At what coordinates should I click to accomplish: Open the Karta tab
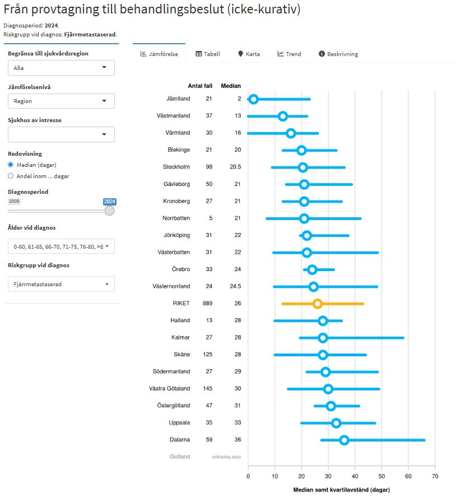(x=249, y=54)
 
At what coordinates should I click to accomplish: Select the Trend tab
(x=289, y=54)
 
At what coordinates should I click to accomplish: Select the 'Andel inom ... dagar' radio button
(x=11, y=176)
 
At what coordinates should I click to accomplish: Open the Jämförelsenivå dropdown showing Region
(x=61, y=101)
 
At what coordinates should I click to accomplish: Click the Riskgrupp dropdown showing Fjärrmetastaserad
(x=61, y=284)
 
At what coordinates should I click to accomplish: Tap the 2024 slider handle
(x=109, y=211)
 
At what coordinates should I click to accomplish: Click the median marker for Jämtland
(x=253, y=99)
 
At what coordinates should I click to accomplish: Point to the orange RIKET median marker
(x=318, y=304)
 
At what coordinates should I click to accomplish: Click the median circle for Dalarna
(x=344, y=440)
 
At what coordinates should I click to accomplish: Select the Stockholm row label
(x=176, y=167)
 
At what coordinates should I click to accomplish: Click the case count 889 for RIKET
(x=208, y=303)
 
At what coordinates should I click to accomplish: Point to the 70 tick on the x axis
(x=435, y=476)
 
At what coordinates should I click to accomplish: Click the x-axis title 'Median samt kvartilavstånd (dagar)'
(x=341, y=490)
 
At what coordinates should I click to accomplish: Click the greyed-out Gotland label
(x=180, y=457)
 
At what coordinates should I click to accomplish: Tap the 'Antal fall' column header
(x=200, y=86)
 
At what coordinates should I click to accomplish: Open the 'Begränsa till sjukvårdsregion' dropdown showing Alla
(x=61, y=68)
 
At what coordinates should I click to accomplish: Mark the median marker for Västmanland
(x=283, y=116)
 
